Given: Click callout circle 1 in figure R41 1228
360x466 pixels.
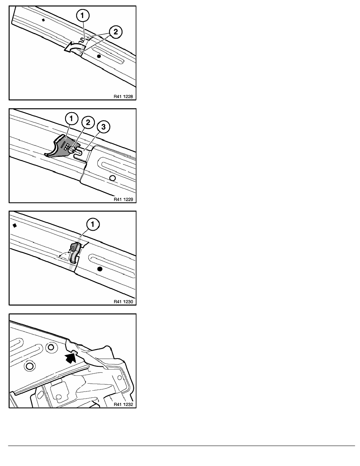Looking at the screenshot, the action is (83, 15).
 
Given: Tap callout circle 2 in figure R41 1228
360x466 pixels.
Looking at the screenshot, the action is (116, 31).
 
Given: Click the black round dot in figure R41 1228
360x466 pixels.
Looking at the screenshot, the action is (99, 56).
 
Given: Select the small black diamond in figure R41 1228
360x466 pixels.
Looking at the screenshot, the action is (44, 20).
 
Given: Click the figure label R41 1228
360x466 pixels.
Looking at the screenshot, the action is (123, 96).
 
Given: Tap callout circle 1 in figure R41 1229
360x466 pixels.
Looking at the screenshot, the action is (71, 119).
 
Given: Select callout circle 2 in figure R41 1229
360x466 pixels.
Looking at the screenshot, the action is (88, 122).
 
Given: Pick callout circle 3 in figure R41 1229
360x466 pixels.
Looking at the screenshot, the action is (104, 127).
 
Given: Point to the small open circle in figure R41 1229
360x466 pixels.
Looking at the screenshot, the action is (112, 178).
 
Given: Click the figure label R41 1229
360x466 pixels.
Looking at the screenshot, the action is (123, 199).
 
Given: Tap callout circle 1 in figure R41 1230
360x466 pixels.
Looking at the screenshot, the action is (93, 224).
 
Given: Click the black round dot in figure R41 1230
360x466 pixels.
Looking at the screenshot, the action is (100, 269).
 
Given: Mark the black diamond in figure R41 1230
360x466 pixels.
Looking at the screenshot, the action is (15, 225).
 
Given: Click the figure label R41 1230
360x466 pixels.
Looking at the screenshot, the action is (123, 302).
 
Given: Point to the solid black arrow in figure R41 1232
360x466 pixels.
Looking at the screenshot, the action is (70, 357).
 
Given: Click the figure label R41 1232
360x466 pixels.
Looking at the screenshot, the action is (123, 404).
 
